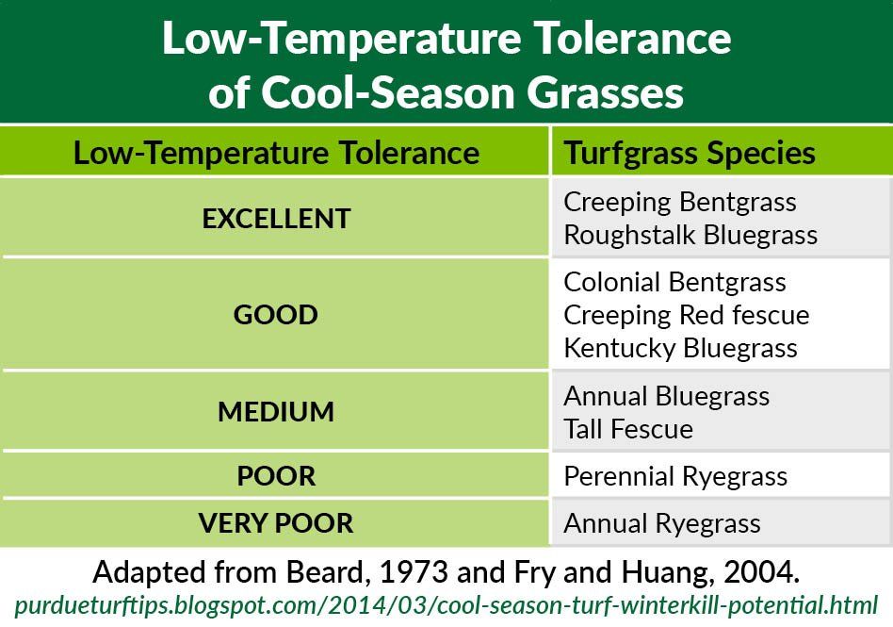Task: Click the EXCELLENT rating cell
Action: (x=276, y=218)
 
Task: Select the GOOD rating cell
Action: (x=276, y=314)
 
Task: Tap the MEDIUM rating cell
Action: (x=276, y=412)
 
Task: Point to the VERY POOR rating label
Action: (x=276, y=523)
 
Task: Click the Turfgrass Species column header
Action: (x=689, y=152)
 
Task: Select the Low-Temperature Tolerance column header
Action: (x=276, y=152)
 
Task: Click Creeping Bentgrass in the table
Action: (x=679, y=202)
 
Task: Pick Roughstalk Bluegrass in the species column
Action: (x=690, y=234)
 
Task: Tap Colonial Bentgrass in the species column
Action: (x=674, y=282)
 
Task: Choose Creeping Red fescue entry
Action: (x=686, y=314)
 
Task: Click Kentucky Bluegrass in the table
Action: (x=680, y=347)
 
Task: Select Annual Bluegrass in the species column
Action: (x=666, y=396)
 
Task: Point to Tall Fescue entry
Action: (x=627, y=429)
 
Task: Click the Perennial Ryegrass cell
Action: (x=675, y=476)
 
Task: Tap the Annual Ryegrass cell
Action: (x=661, y=523)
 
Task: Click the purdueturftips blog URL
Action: (x=446, y=603)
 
